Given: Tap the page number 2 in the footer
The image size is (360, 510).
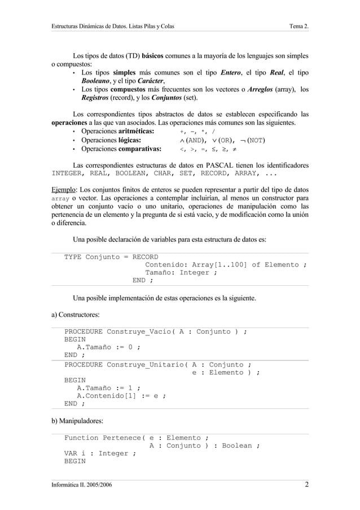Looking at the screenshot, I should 306,485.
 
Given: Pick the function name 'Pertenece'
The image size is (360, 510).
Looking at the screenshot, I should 122,438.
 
